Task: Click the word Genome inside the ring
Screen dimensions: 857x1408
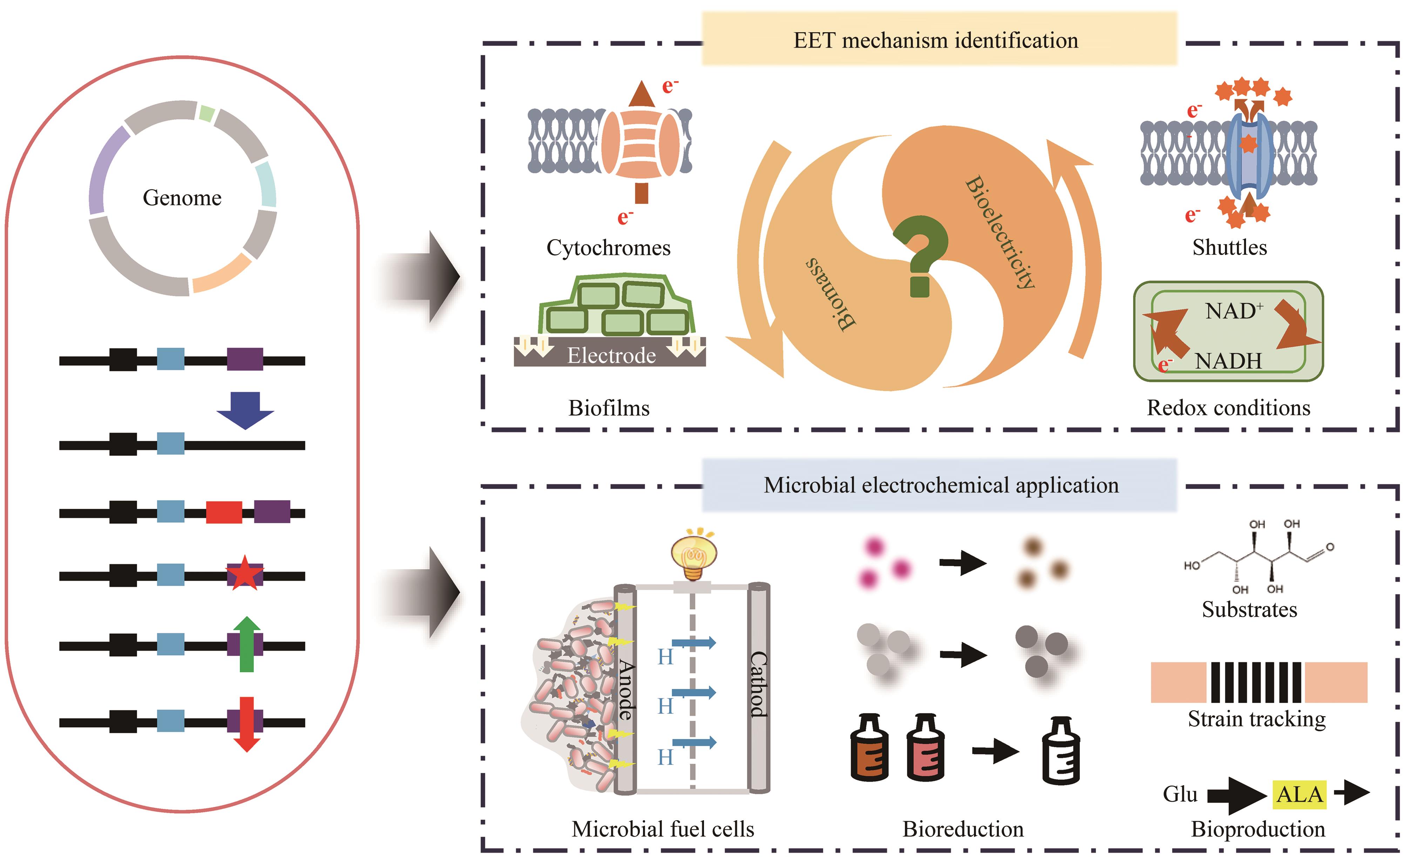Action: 182,198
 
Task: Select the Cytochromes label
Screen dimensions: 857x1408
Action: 608,247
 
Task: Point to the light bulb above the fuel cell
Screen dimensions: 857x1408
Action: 693,554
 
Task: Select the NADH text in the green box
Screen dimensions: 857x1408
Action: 1228,361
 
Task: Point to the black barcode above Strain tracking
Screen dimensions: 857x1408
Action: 1256,682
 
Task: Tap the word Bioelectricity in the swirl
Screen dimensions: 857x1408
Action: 1000,231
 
